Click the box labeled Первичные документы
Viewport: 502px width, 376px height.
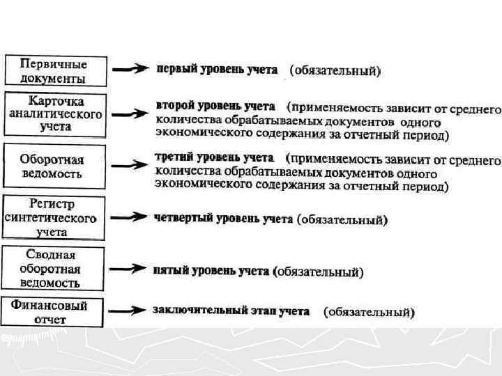pos(56,70)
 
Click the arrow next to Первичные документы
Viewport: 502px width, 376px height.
pos(131,69)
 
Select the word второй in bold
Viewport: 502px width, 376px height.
pos(173,107)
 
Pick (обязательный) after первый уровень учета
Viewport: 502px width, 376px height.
pos(335,70)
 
